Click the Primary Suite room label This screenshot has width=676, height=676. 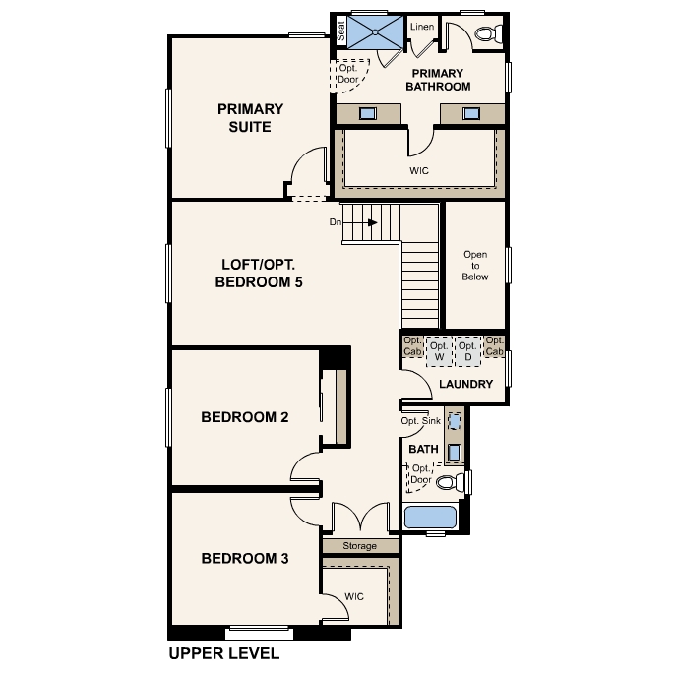pos(250,118)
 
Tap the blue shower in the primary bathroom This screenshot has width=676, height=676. pos(375,32)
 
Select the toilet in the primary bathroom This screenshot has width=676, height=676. pos(488,33)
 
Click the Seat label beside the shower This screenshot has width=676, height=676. pos(341,31)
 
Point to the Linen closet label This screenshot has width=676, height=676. pos(422,27)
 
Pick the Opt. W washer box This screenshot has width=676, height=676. pos(439,351)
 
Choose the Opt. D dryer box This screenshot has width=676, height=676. pos(467,351)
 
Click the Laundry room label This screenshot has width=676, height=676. pos(465,384)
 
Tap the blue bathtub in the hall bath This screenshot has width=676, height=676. pos(430,518)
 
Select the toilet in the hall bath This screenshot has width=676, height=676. pos(451,482)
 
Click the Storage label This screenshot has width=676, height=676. pos(359,546)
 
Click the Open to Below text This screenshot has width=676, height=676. pos(475,266)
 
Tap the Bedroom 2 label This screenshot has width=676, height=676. pos(244,417)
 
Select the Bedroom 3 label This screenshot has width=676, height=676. pos(244,558)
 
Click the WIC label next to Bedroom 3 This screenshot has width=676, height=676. pos(354,596)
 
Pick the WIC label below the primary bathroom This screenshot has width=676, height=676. pos(419,171)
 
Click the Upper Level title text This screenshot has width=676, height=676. pos(224,653)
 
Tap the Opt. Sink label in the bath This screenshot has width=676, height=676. pos(421,421)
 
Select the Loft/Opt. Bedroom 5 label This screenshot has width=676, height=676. pos(259,273)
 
